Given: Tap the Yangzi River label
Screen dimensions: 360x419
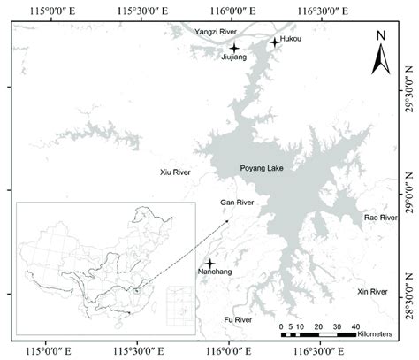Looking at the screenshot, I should tap(215, 31).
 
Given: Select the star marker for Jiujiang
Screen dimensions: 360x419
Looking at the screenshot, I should tap(234, 48).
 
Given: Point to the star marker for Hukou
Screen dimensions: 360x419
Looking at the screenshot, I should tap(274, 41).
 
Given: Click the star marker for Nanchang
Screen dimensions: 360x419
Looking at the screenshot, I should tap(209, 264).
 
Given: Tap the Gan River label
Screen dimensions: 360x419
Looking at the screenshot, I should tap(237, 227).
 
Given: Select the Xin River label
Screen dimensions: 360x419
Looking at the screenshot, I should tap(372, 291).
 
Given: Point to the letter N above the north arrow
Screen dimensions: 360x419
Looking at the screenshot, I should tap(381, 36).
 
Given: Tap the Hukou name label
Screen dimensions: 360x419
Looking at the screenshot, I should tap(290, 41).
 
